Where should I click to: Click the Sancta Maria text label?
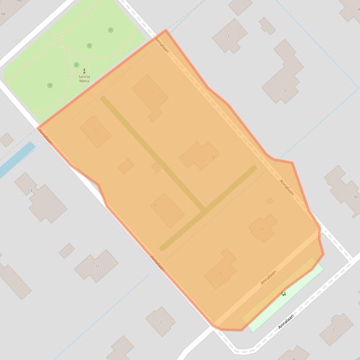click(x=84, y=79)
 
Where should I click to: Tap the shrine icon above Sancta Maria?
click(x=84, y=71)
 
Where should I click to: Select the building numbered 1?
click(x=229, y=36)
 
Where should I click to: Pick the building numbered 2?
click(x=161, y=321)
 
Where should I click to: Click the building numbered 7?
click(x=336, y=329)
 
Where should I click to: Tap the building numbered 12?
click(x=96, y=131)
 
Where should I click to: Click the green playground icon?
click(x=284, y=294)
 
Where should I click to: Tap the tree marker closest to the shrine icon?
click(x=76, y=65)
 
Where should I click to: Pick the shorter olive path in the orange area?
click(x=208, y=208)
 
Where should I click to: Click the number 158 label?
click(x=3, y=14)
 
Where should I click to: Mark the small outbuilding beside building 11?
click(x=66, y=251)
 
